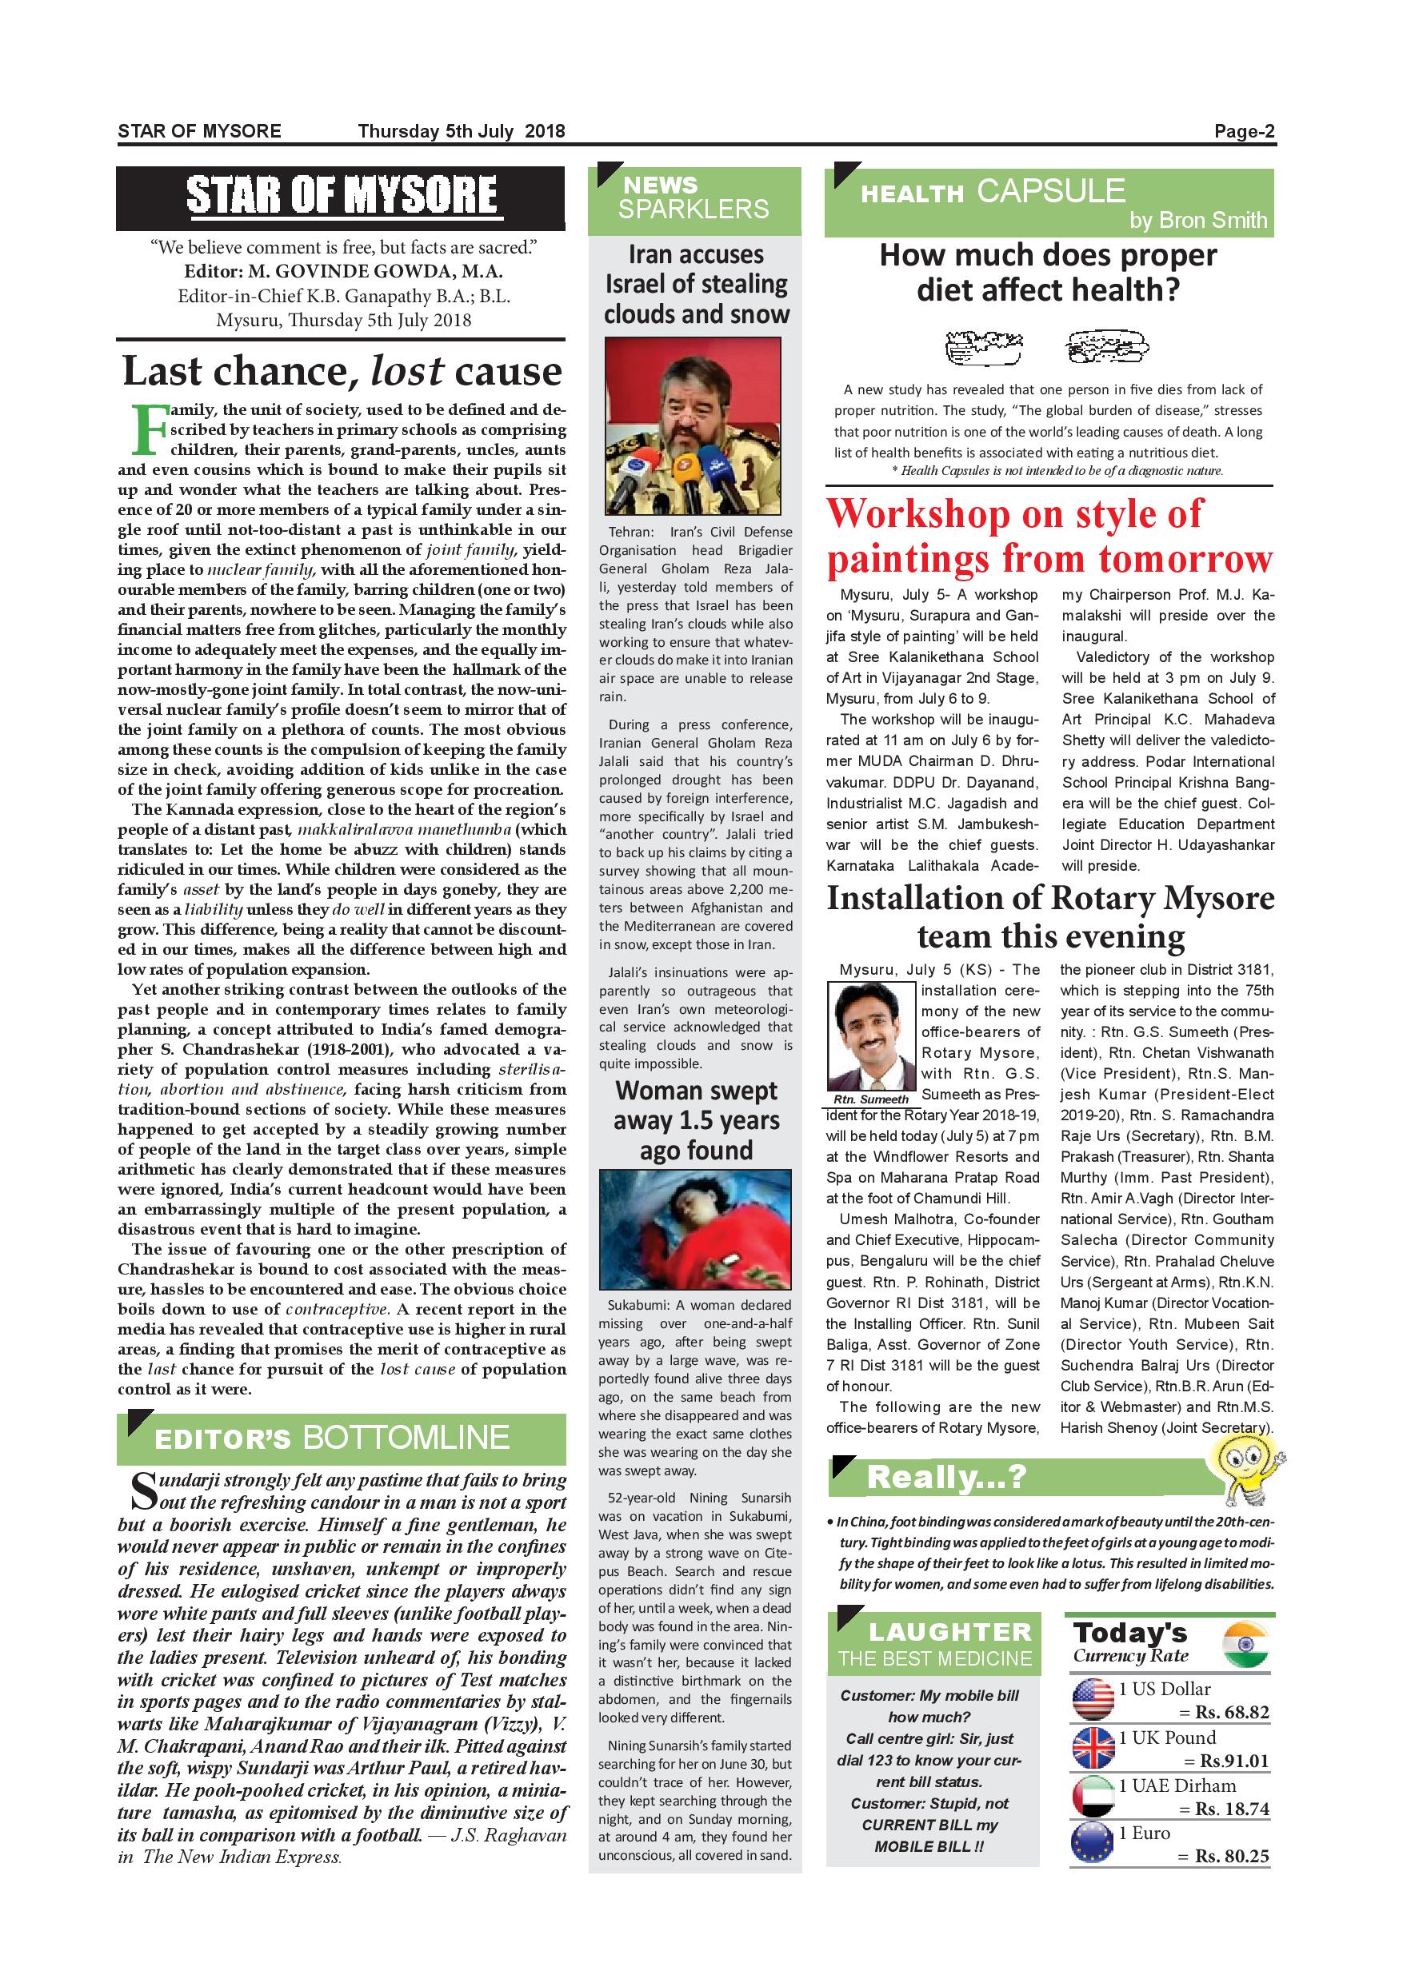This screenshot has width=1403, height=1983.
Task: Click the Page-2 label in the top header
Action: click(1243, 131)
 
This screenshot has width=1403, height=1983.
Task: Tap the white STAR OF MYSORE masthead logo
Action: click(342, 195)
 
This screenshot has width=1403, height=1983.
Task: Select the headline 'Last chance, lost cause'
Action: click(342, 370)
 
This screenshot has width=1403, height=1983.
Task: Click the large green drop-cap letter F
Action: click(148, 430)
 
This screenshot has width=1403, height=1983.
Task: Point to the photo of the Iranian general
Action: click(692, 428)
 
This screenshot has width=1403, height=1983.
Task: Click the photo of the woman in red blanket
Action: click(695, 1230)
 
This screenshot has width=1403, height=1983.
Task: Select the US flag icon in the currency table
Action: click(1093, 1700)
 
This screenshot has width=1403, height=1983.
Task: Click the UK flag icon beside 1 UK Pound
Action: click(1093, 1748)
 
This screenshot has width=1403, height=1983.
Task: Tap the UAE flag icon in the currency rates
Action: click(1093, 1796)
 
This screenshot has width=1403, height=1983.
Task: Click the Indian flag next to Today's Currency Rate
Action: click(1245, 1645)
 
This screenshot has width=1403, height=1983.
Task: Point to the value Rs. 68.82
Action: click(1231, 1713)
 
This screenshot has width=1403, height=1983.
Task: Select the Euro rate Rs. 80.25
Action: click(1231, 1855)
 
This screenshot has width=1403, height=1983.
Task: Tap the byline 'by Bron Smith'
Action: click(1197, 220)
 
